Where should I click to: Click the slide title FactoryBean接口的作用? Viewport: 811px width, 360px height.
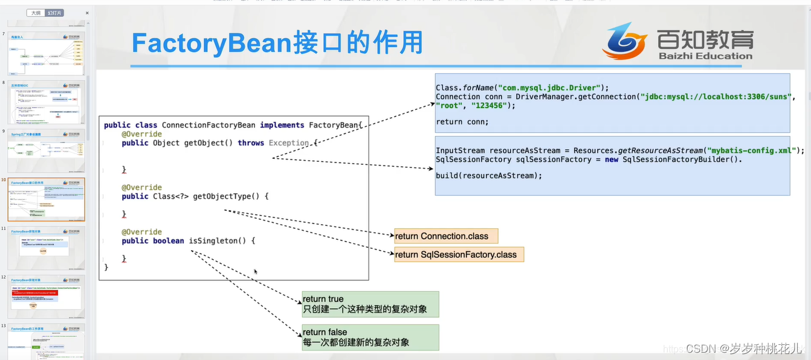[x=277, y=43]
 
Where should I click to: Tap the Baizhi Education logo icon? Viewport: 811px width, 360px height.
[x=624, y=41]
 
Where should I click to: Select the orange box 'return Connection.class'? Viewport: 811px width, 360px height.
[x=446, y=236]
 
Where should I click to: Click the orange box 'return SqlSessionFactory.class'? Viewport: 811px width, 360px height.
[x=459, y=255]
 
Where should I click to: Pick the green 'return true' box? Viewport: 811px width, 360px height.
[x=370, y=304]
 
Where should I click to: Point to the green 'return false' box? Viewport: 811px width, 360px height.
[x=370, y=338]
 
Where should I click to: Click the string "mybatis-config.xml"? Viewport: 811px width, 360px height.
[x=750, y=150]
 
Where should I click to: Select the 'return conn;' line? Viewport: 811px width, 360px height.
[x=462, y=121]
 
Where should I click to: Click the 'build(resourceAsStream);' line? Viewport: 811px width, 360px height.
[x=488, y=176]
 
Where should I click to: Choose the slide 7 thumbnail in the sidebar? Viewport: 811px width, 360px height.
[x=46, y=54]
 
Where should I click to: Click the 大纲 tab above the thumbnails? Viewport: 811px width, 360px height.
[x=36, y=13]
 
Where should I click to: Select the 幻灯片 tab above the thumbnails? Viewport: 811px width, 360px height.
[x=55, y=13]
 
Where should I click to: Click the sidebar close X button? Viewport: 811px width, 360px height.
[x=87, y=13]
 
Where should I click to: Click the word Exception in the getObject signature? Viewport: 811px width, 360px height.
[x=288, y=143]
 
